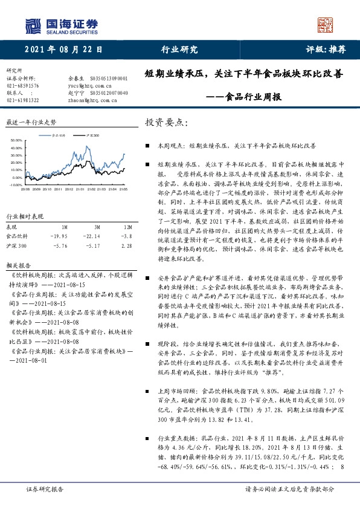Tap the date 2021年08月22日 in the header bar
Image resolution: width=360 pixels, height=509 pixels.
tap(63, 50)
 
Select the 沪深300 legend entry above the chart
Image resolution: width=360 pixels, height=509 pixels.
tap(92, 137)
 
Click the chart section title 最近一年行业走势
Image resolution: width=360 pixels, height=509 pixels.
tap(30, 122)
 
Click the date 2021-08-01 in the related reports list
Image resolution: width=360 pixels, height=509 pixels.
tap(31, 359)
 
